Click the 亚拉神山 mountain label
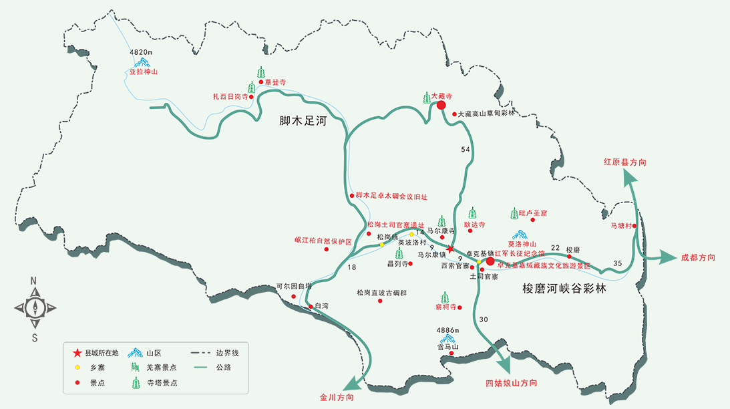pos(143,72)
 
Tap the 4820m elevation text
pos(141,52)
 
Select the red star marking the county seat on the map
pos(451,249)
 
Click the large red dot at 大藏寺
pos(441,105)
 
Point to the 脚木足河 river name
pos(306,122)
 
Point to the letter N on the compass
pos(33,281)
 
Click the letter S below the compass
pos(34,337)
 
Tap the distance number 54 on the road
pos(466,149)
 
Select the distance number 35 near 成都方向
pos(617,264)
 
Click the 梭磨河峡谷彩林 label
pos(567,289)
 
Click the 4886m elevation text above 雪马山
pos(447,330)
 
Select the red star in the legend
pos(77,352)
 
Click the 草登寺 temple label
pos(275,82)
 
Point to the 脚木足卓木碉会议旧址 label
pos(391,196)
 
